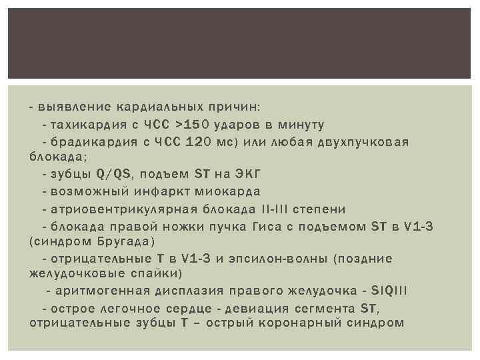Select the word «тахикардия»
click(x=84, y=125)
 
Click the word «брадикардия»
click(x=89, y=142)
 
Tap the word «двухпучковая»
click(x=365, y=142)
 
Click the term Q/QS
click(x=113, y=175)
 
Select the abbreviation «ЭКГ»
click(x=247, y=175)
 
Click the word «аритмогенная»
click(x=97, y=291)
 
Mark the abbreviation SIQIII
click(x=393, y=291)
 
